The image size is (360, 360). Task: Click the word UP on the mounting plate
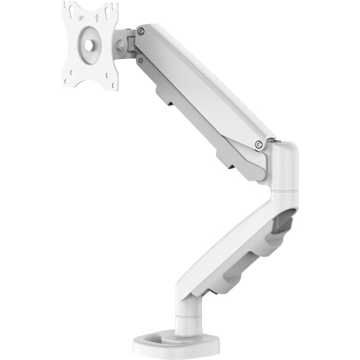click(81, 18)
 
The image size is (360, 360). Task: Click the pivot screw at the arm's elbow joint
click(258, 146)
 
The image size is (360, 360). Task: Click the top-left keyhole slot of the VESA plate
click(71, 10)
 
